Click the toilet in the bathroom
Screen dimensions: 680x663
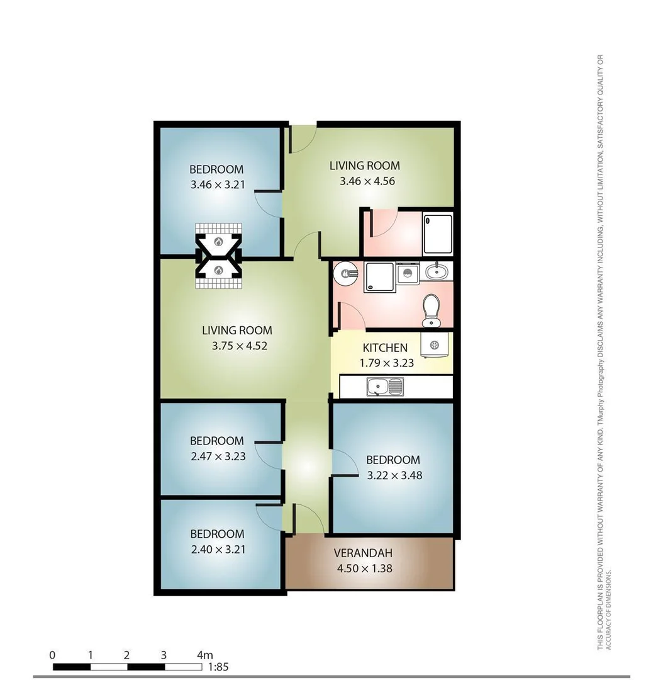pyautogui.click(x=432, y=310)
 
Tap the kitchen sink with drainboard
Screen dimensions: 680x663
pyautogui.click(x=385, y=386)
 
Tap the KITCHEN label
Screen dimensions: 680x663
pyautogui.click(x=385, y=348)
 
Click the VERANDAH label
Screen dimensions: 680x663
pyautogui.click(x=363, y=553)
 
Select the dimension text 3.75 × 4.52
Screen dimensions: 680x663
pyautogui.click(x=237, y=345)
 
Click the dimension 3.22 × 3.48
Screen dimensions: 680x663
pyautogui.click(x=394, y=475)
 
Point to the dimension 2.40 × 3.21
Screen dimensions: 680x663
pyautogui.click(x=217, y=548)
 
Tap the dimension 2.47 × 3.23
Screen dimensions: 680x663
pyautogui.click(x=217, y=456)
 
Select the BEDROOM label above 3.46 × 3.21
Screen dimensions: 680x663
pyautogui.click(x=216, y=169)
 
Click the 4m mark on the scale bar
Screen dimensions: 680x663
pyautogui.click(x=205, y=655)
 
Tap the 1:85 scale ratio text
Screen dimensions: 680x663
pyautogui.click(x=218, y=667)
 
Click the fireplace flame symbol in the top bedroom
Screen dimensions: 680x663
pyautogui.click(x=218, y=241)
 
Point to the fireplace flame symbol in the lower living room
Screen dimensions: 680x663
pyautogui.click(x=218, y=270)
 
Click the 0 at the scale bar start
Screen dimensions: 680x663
pyautogui.click(x=52, y=655)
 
